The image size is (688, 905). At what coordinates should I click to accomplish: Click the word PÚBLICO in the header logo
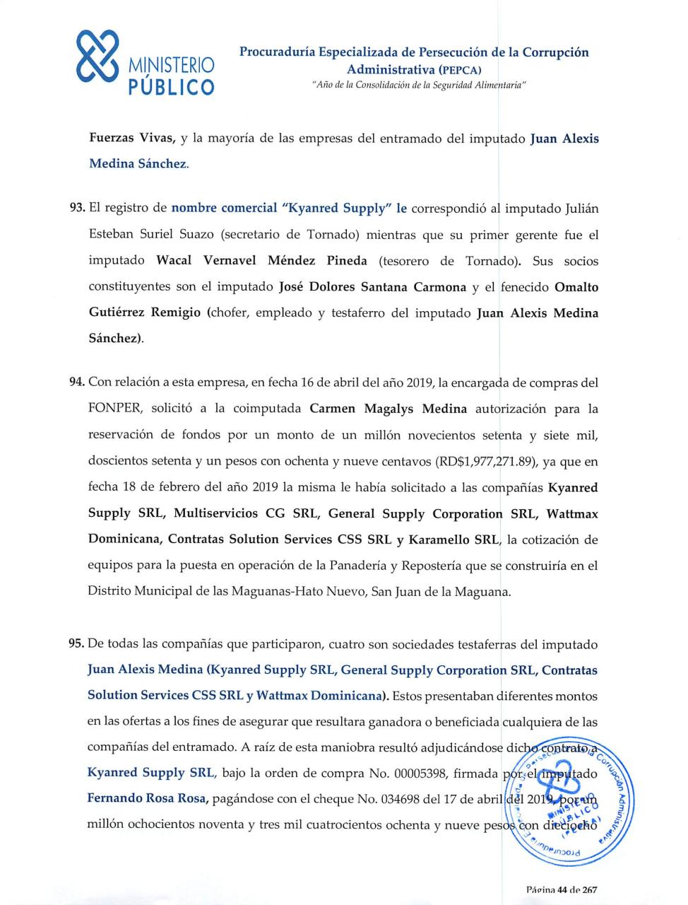click(x=171, y=88)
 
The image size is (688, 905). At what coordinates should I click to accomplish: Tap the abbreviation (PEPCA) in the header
click(x=460, y=70)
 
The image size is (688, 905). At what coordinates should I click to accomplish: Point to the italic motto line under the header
click(x=414, y=85)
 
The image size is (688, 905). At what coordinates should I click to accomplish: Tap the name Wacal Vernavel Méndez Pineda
click(x=261, y=261)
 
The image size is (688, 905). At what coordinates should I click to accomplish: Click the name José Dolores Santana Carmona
click(x=372, y=287)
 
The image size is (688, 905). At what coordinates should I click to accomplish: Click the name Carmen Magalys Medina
click(x=388, y=409)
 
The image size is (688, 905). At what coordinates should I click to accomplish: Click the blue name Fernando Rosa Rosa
click(x=147, y=800)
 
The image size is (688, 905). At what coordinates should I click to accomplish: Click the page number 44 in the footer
click(x=562, y=890)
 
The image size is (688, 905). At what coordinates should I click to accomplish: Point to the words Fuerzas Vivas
click(x=131, y=139)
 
